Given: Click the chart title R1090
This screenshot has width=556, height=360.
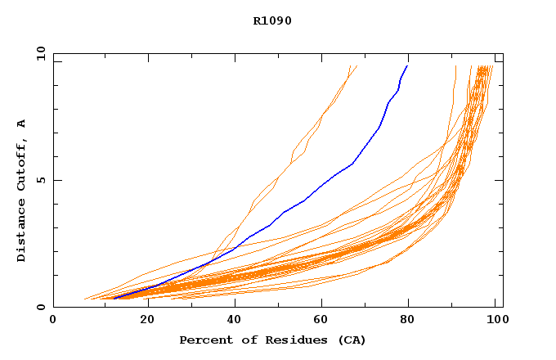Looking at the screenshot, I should [x=272, y=21].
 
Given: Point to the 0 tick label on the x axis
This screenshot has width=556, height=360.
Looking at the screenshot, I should [x=53, y=320].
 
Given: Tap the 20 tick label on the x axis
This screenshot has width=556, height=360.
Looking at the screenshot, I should [x=142, y=320].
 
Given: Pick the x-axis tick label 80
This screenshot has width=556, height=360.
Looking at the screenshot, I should [x=408, y=320].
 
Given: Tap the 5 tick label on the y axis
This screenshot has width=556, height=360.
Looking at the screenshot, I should [x=41, y=180].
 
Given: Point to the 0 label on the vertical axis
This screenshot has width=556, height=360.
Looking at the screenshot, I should [x=41, y=307].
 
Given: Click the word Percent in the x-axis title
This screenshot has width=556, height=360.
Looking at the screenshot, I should [x=203, y=340].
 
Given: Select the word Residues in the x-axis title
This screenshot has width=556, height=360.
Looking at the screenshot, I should [x=287, y=340].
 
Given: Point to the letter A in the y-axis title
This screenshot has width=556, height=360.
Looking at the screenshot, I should [x=22, y=124].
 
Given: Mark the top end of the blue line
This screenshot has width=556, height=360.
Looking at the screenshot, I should [x=407, y=65].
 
